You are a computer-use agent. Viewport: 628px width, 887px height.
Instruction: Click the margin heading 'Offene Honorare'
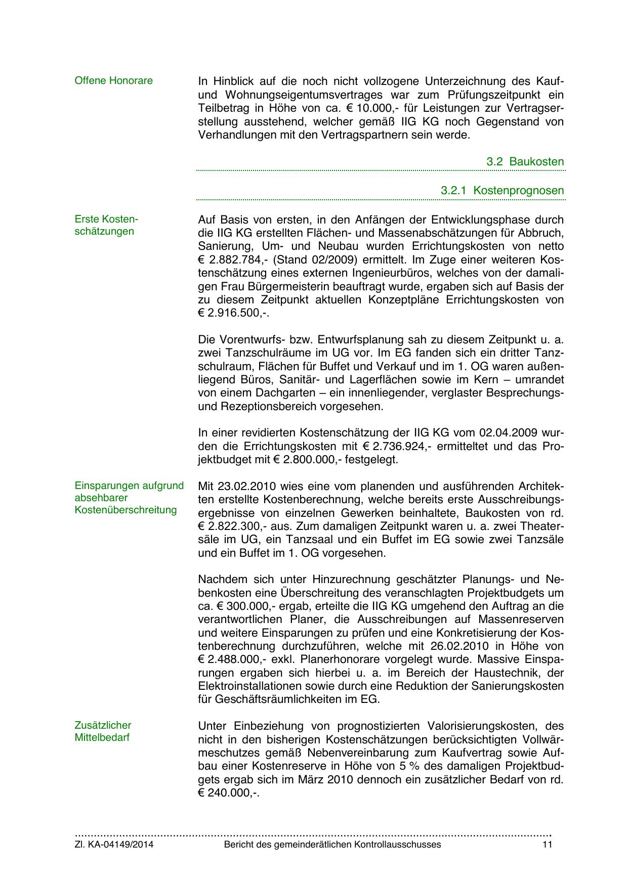point(113,80)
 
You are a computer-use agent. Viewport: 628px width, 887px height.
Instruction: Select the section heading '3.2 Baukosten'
point(525,162)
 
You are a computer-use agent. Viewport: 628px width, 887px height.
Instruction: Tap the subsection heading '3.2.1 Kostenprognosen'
point(502,191)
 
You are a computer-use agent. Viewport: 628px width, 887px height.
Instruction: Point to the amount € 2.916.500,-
point(232,313)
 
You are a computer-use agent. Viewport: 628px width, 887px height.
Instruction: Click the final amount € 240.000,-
point(228,793)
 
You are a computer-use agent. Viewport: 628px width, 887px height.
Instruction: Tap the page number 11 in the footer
point(547,845)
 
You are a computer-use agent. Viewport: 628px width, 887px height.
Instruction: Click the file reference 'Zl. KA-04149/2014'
point(114,845)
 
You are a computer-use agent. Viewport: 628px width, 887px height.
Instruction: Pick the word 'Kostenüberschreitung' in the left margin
point(125,510)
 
